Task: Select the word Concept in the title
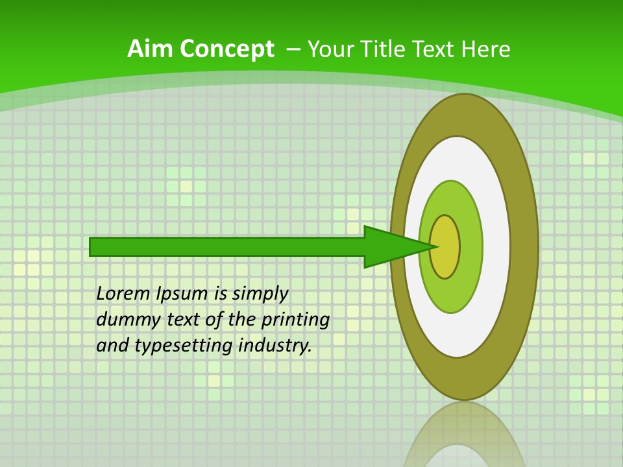coord(226,49)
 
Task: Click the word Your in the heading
coord(330,49)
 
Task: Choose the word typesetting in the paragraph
coord(184,346)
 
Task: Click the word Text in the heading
coord(437,49)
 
